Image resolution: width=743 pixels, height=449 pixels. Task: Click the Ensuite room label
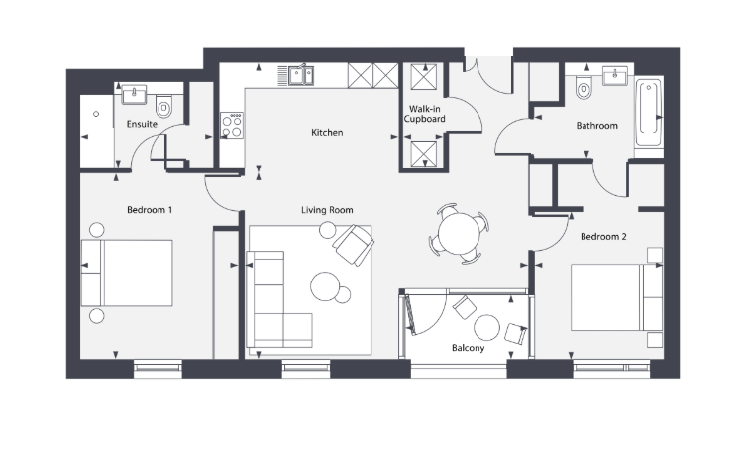142,124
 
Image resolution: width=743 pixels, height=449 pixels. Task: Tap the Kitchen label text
327,132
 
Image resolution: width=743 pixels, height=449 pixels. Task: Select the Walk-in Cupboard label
425,114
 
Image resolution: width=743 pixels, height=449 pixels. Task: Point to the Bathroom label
596,126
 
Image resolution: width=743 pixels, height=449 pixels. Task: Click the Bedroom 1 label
150,209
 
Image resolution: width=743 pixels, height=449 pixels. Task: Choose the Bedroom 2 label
603,236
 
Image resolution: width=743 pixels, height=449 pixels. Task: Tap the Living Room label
327,210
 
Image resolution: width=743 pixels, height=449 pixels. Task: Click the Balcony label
468,348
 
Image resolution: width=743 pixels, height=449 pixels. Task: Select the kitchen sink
301,76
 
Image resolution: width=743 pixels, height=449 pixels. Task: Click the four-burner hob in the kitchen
232,125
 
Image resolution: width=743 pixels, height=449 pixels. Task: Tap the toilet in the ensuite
163,107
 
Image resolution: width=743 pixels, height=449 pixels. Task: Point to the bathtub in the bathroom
649,113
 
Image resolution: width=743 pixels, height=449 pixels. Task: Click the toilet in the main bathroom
584,87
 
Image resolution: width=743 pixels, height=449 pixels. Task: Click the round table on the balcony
486,328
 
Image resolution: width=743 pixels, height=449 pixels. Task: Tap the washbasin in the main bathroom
615,76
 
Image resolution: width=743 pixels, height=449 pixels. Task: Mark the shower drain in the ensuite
96,114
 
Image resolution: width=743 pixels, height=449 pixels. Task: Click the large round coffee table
325,286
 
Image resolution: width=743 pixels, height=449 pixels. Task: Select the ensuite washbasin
134,95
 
